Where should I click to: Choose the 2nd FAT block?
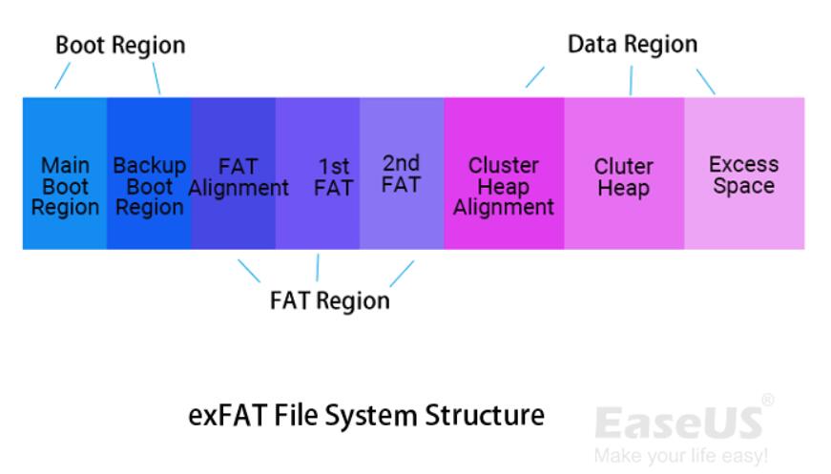[402, 174]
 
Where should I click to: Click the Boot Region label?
[120, 45]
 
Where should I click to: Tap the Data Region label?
[633, 44]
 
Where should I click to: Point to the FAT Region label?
[330, 300]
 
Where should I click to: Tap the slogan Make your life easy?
[680, 456]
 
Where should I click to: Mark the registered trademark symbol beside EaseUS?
[768, 401]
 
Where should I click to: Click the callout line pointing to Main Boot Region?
[62, 76]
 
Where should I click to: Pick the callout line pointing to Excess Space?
[705, 80]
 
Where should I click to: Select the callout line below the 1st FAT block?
[318, 268]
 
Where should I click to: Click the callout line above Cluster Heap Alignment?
[534, 76]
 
